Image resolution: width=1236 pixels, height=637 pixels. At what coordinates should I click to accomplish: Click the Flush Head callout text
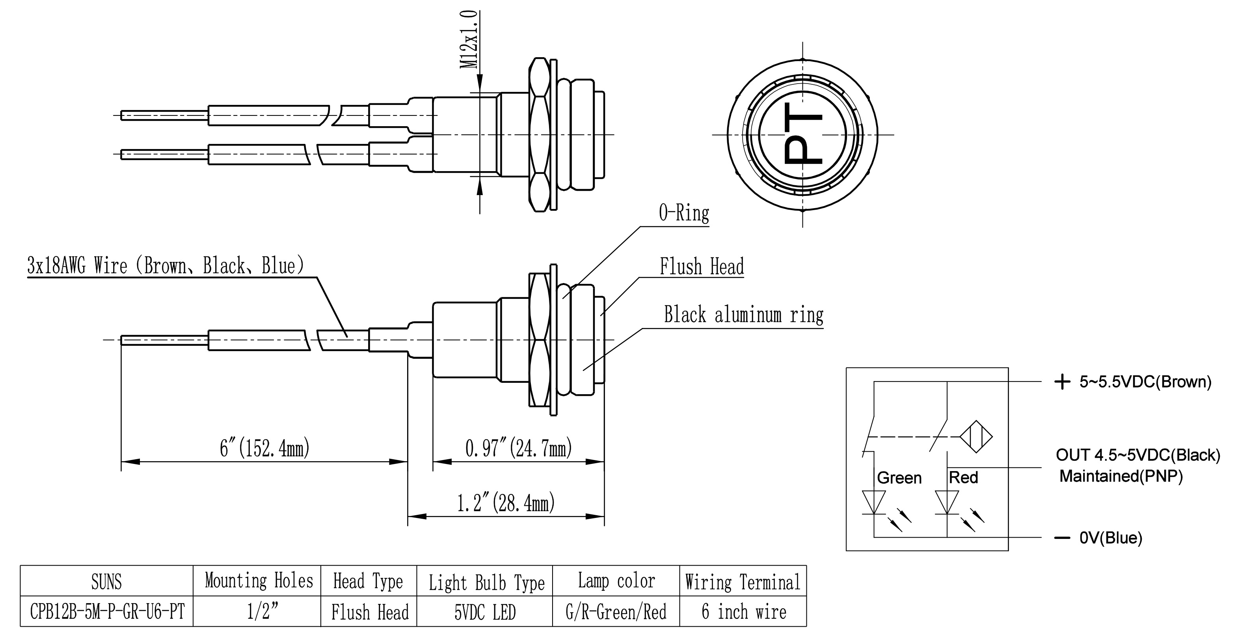pyautogui.click(x=702, y=266)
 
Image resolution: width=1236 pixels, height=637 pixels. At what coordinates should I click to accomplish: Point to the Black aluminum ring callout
pyautogui.click(x=743, y=315)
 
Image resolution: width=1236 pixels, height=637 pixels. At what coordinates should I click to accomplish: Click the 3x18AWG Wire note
pyautogui.click(x=166, y=265)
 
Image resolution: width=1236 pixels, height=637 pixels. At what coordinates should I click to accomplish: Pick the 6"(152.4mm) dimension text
pyautogui.click(x=264, y=448)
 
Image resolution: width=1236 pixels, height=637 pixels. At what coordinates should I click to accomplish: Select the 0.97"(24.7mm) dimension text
pyautogui.click(x=518, y=448)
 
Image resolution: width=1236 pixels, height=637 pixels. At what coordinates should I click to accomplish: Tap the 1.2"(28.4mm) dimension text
pyautogui.click(x=505, y=503)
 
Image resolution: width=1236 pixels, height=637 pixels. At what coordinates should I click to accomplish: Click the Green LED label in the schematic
pyautogui.click(x=899, y=478)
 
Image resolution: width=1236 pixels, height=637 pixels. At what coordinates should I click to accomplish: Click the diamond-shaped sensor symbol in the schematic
pyautogui.click(x=976, y=437)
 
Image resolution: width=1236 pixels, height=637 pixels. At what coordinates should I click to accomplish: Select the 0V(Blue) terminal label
pyautogui.click(x=1110, y=538)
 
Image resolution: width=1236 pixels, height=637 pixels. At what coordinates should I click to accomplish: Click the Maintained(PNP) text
pyautogui.click(x=1121, y=476)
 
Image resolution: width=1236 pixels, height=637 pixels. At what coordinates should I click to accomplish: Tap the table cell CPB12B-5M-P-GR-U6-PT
pyautogui.click(x=107, y=611)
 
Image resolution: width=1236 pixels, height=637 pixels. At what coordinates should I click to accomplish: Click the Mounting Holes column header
pyautogui.click(x=259, y=581)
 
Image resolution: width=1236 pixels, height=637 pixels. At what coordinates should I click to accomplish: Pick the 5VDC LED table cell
pyautogui.click(x=485, y=612)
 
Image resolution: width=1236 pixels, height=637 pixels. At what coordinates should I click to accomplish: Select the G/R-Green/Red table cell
pyautogui.click(x=616, y=611)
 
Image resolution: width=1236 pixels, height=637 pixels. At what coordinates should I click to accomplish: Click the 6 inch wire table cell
pyautogui.click(x=743, y=611)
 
